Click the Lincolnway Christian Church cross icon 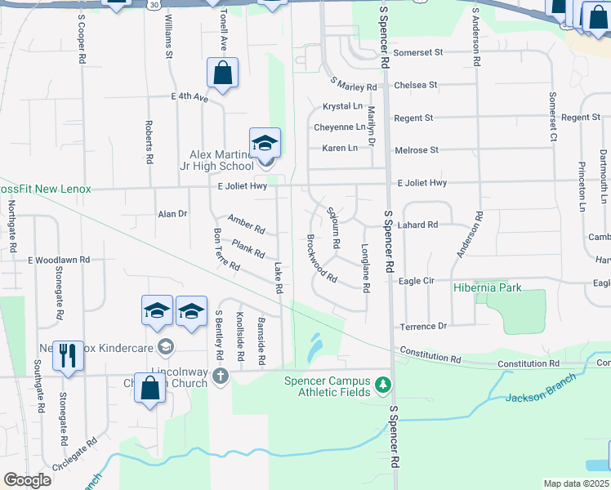tap(220, 376)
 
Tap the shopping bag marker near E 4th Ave tap(222, 74)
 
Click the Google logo tap(27, 480)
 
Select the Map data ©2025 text tap(577, 483)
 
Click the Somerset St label tap(417, 52)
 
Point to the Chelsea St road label tap(416, 85)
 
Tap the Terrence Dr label tap(422, 327)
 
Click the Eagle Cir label tap(416, 281)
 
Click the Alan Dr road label tap(172, 214)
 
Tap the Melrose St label tap(417, 150)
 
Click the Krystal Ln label tap(342, 106)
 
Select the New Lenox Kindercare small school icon tap(166, 347)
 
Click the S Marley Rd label tap(354, 84)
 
